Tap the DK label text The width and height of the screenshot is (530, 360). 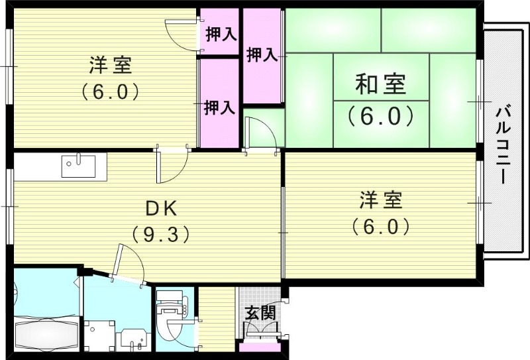[x=161, y=209]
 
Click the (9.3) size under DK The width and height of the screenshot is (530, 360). [x=161, y=233]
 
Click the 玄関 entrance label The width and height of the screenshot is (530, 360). [x=260, y=313]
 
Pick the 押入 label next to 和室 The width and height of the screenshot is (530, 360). [x=262, y=54]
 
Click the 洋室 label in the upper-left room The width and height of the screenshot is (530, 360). [x=111, y=66]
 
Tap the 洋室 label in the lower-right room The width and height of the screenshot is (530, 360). [x=381, y=200]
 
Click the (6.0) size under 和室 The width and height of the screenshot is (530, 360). [x=381, y=116]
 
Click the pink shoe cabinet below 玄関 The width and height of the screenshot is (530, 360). [x=259, y=347]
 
